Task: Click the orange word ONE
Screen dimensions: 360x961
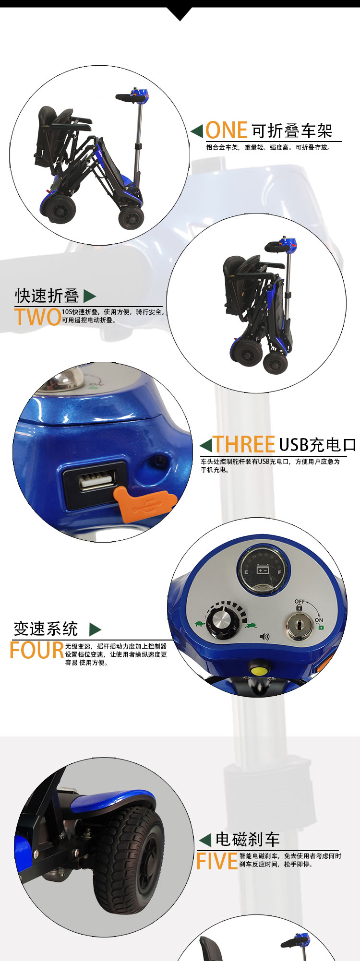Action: pyautogui.click(x=226, y=130)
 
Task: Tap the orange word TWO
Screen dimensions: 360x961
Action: pyautogui.click(x=37, y=317)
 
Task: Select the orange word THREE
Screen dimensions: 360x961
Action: pyautogui.click(x=244, y=444)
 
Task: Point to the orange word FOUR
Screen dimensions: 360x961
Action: pyautogui.click(x=37, y=650)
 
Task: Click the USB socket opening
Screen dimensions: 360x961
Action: pyautogui.click(x=98, y=481)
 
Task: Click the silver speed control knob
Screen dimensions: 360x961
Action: pyautogui.click(x=223, y=622)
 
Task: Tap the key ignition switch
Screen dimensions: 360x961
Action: pyautogui.click(x=298, y=626)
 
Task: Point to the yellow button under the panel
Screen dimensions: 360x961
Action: pyautogui.click(x=260, y=668)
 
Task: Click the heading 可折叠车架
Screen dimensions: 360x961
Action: pyautogui.click(x=292, y=130)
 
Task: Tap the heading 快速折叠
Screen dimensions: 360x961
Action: pyautogui.click(x=47, y=296)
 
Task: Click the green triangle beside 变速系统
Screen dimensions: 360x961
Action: pyautogui.click(x=95, y=629)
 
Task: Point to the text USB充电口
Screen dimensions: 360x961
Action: pyautogui.click(x=317, y=445)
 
